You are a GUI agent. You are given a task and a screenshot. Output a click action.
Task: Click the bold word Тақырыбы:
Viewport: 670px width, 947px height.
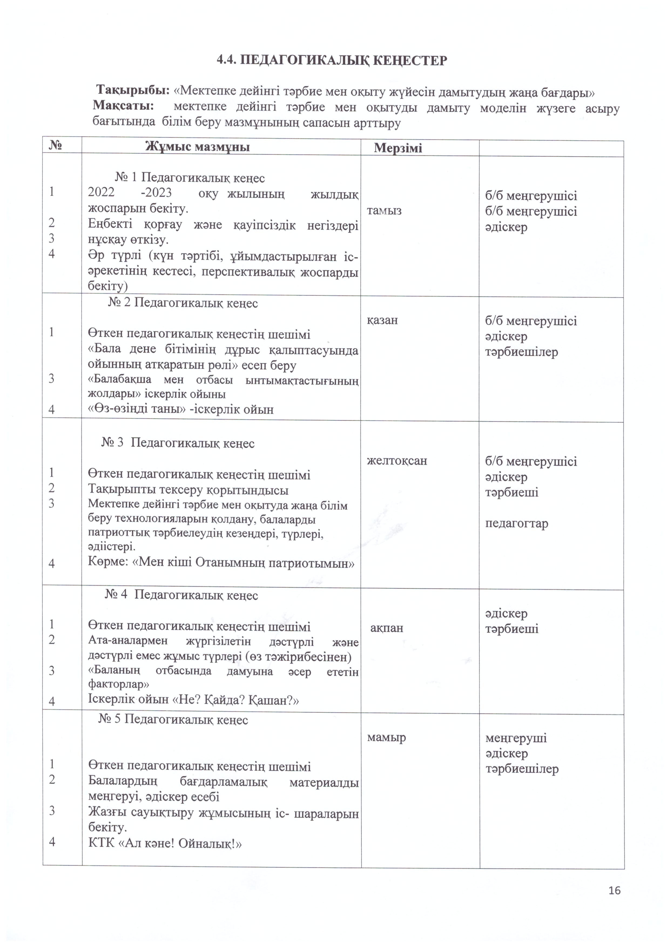(x=133, y=89)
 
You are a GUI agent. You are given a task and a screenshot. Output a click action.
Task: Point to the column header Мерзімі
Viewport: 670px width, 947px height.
(x=398, y=148)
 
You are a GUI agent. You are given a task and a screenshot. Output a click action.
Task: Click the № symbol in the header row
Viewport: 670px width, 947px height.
(x=55, y=145)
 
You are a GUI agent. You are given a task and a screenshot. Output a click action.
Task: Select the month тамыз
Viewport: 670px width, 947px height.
(x=384, y=211)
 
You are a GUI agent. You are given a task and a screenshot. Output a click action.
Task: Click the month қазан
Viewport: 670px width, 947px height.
(x=382, y=320)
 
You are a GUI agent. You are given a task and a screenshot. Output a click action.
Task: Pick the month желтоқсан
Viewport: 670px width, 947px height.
(x=397, y=461)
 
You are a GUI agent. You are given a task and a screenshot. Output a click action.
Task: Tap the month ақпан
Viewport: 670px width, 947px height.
(x=386, y=628)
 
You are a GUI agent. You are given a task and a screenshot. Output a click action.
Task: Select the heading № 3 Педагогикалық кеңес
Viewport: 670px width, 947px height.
(x=178, y=443)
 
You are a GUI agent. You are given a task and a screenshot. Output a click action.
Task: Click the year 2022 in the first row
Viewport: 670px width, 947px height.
(x=101, y=193)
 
